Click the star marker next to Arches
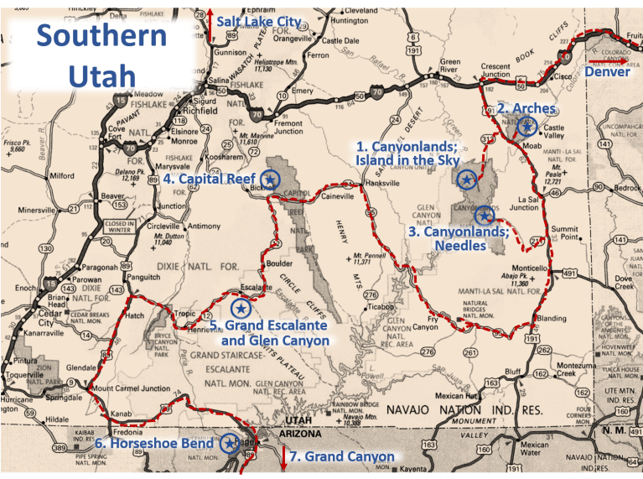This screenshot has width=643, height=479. (x=527, y=127)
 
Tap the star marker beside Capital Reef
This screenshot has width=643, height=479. (x=270, y=178)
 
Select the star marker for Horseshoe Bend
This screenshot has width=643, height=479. (x=229, y=444)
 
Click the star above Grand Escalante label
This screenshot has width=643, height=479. (x=241, y=309)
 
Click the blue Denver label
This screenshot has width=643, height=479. (x=607, y=72)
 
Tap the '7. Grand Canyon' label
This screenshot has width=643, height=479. (x=343, y=457)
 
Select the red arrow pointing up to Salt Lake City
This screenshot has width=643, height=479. (x=199, y=18)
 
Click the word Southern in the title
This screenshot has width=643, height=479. (x=101, y=37)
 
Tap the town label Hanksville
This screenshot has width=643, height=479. (x=383, y=184)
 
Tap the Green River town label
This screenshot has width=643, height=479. (x=450, y=65)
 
